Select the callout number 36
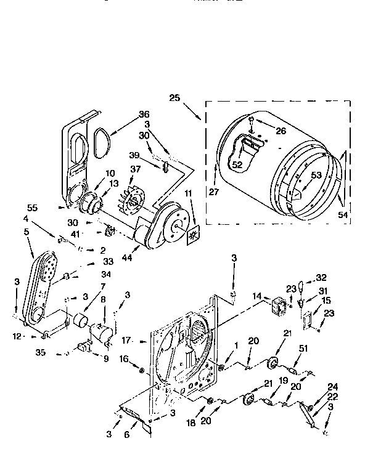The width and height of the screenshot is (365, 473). point(144,113)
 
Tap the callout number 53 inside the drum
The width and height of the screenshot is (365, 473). point(316,176)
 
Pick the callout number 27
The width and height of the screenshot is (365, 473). point(214,192)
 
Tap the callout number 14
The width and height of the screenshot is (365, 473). point(257,296)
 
